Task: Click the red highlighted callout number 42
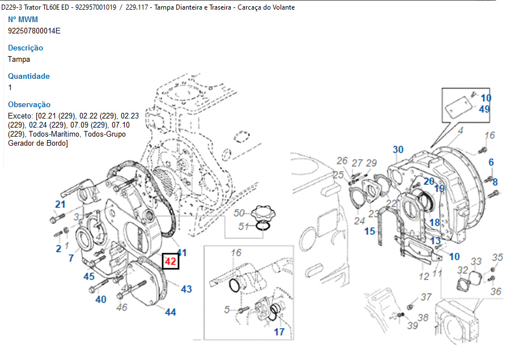171,261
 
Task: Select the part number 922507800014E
34,31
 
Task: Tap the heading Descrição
26,48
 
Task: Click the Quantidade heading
29,77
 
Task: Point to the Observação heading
29,105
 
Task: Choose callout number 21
60,205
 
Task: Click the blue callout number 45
89,277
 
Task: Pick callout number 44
170,312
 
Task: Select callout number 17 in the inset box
279,332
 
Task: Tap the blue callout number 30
398,150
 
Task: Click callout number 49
484,109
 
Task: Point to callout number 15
369,231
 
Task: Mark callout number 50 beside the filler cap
239,213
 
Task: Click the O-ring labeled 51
262,226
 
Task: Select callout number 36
496,291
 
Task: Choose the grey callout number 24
359,221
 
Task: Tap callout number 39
413,325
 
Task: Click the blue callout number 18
435,223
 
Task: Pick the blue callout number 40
101,299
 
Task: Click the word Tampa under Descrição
19,60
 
